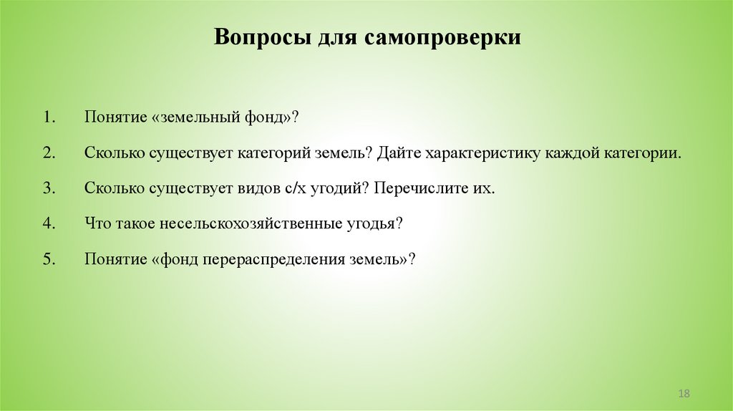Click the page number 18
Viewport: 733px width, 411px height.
pyautogui.click(x=683, y=395)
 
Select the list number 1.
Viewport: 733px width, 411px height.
pyautogui.click(x=48, y=117)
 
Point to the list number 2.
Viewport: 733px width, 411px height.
pyautogui.click(x=48, y=153)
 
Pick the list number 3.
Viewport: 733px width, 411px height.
pyautogui.click(x=48, y=188)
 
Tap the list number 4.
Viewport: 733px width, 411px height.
pyautogui.click(x=48, y=223)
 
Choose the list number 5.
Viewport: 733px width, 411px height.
pyautogui.click(x=48, y=258)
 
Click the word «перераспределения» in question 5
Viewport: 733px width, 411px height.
pyautogui.click(x=278, y=258)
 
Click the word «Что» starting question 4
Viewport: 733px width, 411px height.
pyautogui.click(x=96, y=223)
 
